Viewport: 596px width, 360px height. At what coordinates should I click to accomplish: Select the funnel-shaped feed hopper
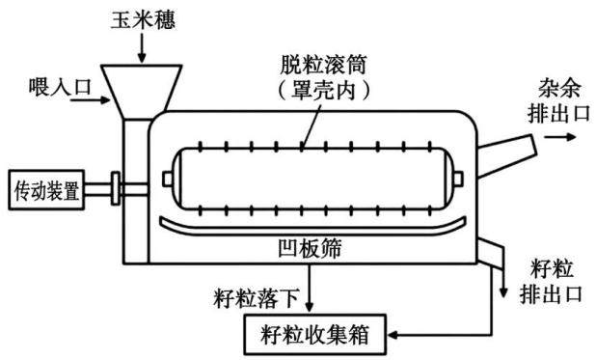coord(142,92)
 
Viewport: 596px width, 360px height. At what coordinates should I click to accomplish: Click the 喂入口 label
coord(60,87)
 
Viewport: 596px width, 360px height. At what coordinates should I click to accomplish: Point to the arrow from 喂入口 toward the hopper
coord(90,100)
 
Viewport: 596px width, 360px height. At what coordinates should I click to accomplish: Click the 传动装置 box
coord(46,190)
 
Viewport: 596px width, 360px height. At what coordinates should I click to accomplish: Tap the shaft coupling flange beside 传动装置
coord(116,188)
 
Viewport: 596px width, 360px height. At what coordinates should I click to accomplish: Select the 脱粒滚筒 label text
coord(323,65)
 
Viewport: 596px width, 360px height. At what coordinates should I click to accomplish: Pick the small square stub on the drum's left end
coord(168,179)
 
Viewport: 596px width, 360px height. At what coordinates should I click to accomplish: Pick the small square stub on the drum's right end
coord(458,179)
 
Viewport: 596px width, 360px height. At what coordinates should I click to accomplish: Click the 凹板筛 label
coord(310,248)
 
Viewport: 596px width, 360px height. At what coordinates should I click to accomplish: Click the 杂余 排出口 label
coord(558,101)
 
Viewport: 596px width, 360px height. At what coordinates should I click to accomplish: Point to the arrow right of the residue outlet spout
coord(560,137)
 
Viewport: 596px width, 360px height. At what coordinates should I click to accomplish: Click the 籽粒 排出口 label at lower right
coord(551,282)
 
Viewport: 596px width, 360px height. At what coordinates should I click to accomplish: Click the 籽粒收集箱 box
coord(315,335)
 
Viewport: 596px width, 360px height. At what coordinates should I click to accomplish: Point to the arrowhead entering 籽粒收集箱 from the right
coord(393,335)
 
